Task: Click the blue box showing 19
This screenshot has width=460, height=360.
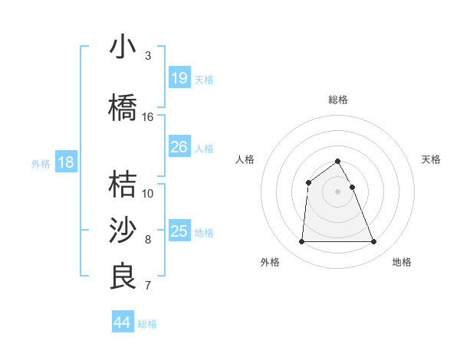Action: click(179, 78)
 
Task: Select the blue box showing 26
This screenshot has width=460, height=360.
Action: click(179, 147)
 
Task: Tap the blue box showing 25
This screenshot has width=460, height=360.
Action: click(179, 231)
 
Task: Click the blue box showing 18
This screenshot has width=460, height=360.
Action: click(65, 162)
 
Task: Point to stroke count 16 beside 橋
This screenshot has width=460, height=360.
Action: click(148, 117)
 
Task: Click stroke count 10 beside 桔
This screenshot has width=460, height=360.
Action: click(148, 193)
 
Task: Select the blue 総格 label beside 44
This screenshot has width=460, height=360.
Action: click(147, 324)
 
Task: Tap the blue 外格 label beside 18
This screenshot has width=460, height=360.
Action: click(41, 164)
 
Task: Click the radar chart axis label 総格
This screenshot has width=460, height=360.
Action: click(338, 100)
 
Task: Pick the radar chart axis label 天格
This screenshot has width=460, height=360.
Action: click(432, 159)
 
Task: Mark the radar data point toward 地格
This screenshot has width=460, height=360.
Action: click(374, 242)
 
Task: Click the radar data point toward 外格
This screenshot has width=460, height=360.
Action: click(301, 242)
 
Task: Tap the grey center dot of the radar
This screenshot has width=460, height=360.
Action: click(338, 191)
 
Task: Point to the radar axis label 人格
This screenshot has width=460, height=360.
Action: click(245, 159)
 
